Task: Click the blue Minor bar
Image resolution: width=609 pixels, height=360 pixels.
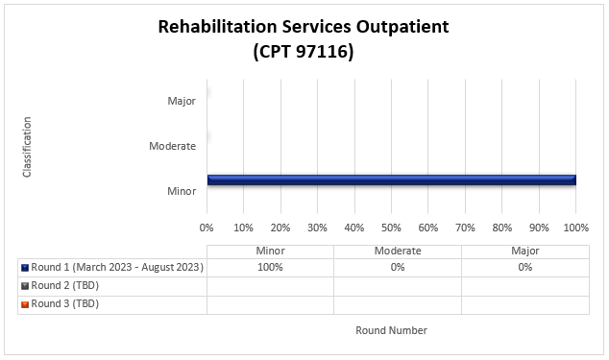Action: tap(391, 180)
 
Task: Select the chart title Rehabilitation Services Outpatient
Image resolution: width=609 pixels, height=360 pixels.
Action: tap(304, 26)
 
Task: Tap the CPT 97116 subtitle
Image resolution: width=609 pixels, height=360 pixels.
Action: tap(304, 52)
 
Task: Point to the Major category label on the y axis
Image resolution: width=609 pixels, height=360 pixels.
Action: tap(182, 100)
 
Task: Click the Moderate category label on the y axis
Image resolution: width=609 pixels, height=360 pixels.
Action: tap(173, 146)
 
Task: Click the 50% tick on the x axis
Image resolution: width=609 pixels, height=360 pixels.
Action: tap(391, 228)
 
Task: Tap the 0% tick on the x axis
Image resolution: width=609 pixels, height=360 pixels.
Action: tap(207, 228)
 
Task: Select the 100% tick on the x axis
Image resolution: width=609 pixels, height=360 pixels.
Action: tap(575, 228)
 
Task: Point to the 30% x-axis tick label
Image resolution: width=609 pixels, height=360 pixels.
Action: tap(317, 228)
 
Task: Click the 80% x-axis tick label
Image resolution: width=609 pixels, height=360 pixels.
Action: tap(501, 228)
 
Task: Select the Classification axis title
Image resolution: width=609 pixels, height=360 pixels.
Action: tap(28, 146)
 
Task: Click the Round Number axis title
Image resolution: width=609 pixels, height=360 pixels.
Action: tap(391, 330)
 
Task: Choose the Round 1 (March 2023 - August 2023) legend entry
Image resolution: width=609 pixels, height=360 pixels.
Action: tap(117, 268)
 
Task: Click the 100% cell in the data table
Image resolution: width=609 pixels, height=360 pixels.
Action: tap(270, 268)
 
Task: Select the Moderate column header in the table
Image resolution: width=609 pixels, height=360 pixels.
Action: tap(397, 251)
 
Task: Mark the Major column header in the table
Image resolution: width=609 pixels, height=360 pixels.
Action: tap(524, 251)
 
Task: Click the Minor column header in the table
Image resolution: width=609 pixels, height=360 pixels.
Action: tap(270, 251)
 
